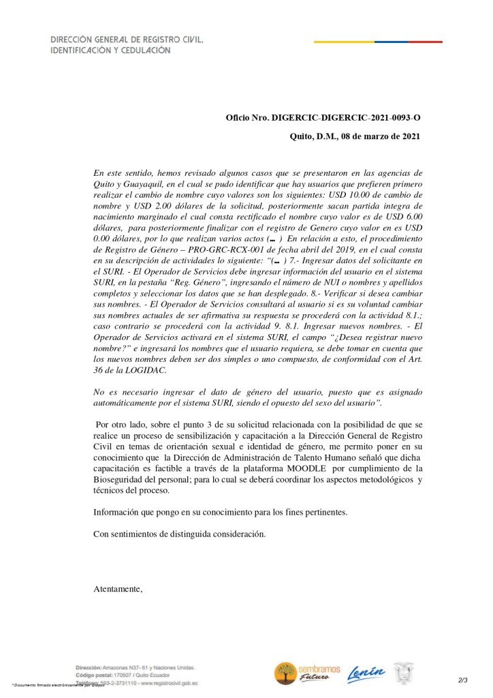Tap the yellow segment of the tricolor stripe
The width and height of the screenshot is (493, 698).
[344, 42]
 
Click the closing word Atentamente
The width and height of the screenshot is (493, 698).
[117, 589]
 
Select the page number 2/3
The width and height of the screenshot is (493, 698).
[463, 680]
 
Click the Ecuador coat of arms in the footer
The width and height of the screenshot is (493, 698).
[415, 672]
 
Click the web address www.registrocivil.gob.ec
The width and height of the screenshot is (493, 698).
[164, 682]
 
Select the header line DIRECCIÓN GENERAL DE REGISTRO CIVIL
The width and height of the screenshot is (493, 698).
[127, 40]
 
